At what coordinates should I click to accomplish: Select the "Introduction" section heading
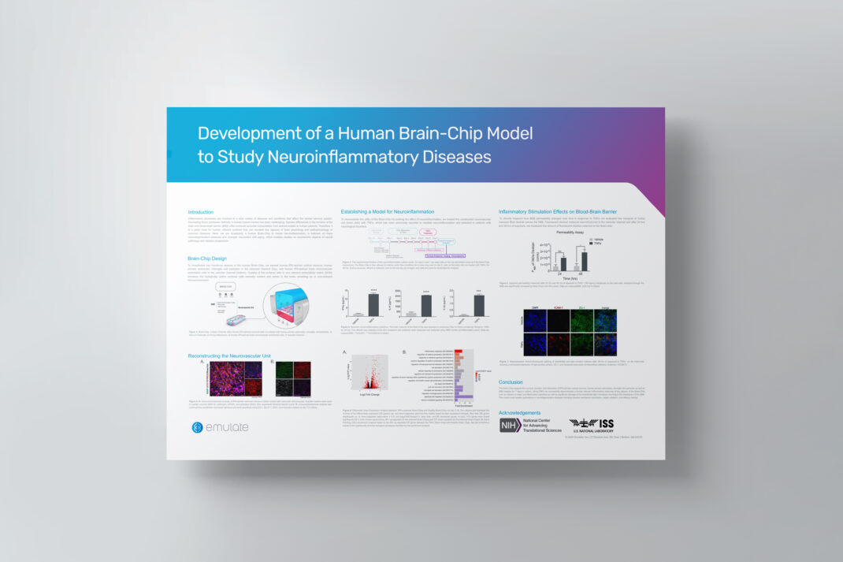201,212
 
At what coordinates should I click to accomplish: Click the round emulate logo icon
198,427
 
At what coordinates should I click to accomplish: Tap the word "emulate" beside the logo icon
228,427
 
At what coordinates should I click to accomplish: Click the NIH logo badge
509,426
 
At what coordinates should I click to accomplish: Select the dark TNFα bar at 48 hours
585,261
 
